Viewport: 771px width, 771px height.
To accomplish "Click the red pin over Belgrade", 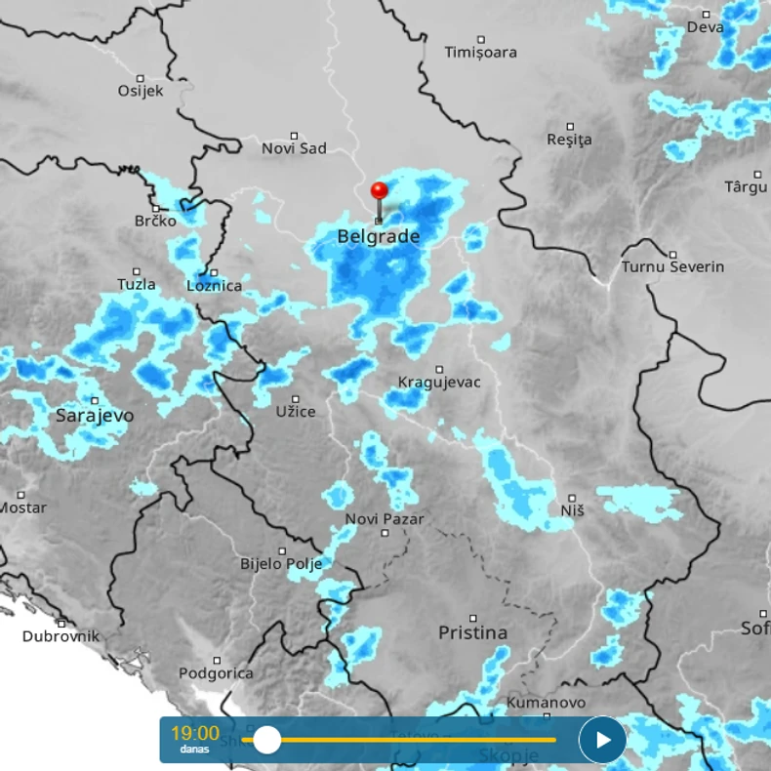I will point(379,191).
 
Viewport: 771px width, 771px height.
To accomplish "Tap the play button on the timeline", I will point(602,740).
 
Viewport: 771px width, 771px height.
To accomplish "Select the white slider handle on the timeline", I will point(266,740).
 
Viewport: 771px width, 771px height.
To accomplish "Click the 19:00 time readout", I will point(195,733).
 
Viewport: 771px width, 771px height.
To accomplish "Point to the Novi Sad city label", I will point(294,148).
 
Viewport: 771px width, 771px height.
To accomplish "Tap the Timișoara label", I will point(480,52).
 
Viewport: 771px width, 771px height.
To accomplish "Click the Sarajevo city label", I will point(95,416).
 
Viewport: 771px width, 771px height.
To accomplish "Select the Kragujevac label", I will point(439,383).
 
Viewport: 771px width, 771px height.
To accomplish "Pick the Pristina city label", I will point(472,632).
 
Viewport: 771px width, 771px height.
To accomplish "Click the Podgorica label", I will point(216,673).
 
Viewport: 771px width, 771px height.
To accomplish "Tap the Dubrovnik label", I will point(61,636).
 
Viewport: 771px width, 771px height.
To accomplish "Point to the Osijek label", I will point(141,91).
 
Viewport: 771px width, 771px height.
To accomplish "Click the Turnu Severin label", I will point(672,266).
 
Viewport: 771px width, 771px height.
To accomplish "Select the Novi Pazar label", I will point(385,519).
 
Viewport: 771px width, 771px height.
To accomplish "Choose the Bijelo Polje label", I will point(281,564).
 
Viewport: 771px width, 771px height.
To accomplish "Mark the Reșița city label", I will point(570,140).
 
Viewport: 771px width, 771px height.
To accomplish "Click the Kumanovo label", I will point(547,703).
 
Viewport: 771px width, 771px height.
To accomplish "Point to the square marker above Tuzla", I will point(137,271).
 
